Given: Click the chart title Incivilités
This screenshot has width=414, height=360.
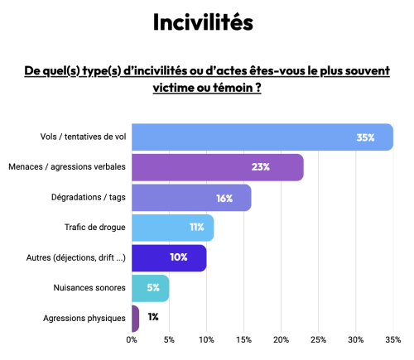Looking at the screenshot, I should (202, 22).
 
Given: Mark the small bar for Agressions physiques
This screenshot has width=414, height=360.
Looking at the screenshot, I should (135, 318).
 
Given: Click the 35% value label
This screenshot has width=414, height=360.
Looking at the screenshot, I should (366, 137).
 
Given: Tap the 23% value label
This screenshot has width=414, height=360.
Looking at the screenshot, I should (261, 167).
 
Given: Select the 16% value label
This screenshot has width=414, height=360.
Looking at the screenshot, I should (224, 198).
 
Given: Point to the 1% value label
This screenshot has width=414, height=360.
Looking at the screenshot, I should (153, 317).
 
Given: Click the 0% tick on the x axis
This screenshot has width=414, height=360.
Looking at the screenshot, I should (132, 339).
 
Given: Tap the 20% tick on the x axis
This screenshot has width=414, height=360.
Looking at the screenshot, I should (282, 339).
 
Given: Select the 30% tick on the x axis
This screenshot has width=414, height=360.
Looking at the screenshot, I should (356, 339).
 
